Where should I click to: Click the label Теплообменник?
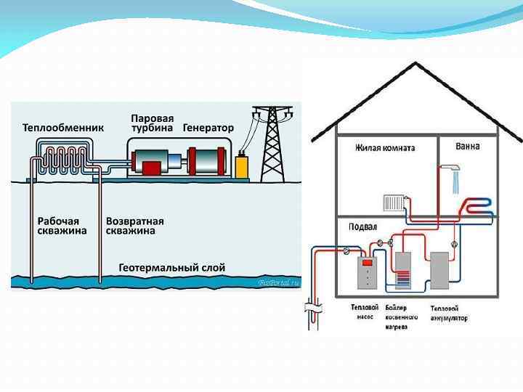click(x=63, y=128)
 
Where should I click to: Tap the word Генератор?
click(x=208, y=128)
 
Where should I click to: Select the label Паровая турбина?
click(x=152, y=123)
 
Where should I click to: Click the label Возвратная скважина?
click(x=135, y=226)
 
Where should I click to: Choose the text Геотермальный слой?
click(x=171, y=268)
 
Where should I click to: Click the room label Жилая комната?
click(x=385, y=148)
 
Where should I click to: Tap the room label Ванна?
click(x=467, y=147)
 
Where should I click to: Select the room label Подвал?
click(x=363, y=226)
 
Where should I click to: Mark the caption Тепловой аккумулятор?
click(x=448, y=313)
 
